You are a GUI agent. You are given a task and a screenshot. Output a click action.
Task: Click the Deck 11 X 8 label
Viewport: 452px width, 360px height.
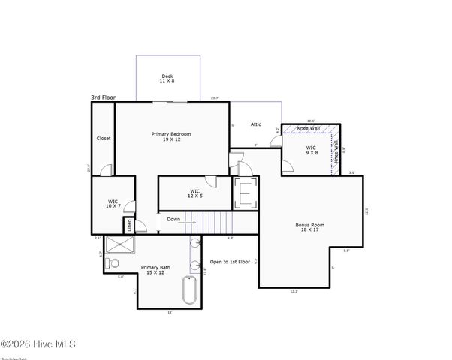point(167,78)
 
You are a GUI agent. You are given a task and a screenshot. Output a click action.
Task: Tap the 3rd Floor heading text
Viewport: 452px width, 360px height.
point(104,97)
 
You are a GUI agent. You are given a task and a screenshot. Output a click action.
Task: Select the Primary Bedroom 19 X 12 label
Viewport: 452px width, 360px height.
point(171,136)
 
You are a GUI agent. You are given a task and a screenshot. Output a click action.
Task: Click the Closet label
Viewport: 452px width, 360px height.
point(104,138)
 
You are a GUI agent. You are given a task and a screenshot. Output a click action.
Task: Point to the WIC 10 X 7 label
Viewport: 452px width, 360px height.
point(113,203)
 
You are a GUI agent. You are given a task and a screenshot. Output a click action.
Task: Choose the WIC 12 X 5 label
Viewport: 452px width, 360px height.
point(195,193)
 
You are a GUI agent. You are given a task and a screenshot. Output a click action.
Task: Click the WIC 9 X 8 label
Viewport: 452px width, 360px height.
point(311,150)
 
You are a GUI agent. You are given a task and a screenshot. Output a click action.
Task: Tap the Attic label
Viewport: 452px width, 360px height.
point(255,124)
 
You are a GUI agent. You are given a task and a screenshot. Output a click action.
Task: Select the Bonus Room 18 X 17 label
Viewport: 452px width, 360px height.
point(309,226)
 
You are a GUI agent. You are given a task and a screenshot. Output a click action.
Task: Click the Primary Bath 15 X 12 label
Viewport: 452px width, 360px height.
point(156,268)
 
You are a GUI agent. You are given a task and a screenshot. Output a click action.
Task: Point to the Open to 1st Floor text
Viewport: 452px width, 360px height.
point(229,262)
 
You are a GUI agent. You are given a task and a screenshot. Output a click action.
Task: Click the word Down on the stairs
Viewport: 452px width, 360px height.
point(173,220)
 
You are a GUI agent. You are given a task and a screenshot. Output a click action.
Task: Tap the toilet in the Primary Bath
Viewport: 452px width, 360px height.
point(112,263)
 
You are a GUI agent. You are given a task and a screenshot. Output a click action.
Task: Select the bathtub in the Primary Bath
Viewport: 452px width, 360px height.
point(189,290)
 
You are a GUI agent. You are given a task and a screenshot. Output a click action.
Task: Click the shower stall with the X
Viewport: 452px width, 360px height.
point(117,244)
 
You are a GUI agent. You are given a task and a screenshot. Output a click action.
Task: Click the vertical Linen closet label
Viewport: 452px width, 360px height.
point(129,223)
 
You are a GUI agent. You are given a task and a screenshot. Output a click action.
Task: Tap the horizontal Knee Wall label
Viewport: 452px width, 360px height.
point(309,128)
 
